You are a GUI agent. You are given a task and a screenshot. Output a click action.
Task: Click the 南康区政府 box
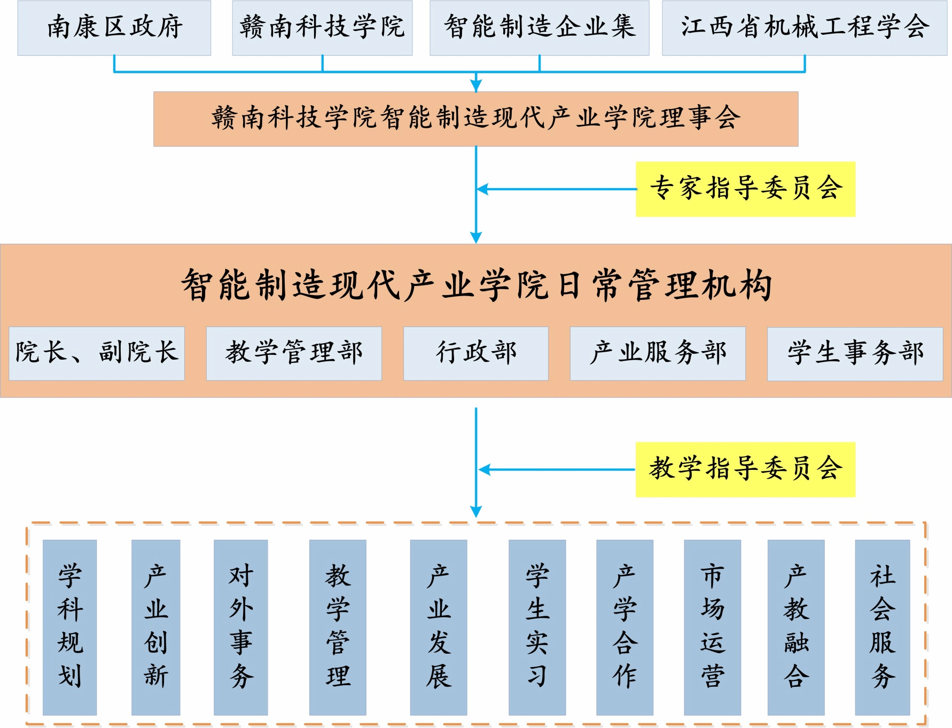pos(114,28)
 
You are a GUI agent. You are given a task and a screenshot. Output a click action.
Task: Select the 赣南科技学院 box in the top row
pos(322,28)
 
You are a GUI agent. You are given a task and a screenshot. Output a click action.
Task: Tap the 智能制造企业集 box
pos(539,28)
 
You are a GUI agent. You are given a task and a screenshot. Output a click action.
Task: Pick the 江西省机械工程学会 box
pos(804,28)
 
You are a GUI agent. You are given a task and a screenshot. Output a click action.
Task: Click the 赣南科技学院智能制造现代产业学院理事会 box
pos(475,119)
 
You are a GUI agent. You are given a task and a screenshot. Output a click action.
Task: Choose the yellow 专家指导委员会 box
pos(745,189)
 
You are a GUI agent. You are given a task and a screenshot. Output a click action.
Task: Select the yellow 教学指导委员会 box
pos(745,469)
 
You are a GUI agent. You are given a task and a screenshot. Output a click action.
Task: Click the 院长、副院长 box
pos(97,353)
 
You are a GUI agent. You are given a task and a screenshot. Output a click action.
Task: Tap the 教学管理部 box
pos(294,353)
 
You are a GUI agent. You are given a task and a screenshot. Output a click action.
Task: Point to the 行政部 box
pos(475,353)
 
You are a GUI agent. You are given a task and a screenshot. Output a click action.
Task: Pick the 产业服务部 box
pos(658,353)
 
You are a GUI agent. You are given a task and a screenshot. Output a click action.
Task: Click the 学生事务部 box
pos(855,353)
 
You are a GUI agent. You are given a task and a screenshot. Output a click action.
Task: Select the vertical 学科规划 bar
pos(69,627)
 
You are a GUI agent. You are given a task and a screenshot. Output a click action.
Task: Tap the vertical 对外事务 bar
pos(240,627)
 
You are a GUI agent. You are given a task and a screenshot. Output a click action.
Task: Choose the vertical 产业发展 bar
pos(439,627)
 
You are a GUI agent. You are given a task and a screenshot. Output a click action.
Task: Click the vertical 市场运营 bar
pos(712,627)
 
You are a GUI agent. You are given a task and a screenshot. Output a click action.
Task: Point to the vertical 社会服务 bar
pos(882,627)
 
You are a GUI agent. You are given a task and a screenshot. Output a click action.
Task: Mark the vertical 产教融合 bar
pos(796,627)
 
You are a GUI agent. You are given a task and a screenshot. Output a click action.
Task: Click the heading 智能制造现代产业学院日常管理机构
pos(477,285)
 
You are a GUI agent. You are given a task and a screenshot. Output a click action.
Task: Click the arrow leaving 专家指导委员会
pos(556,189)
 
